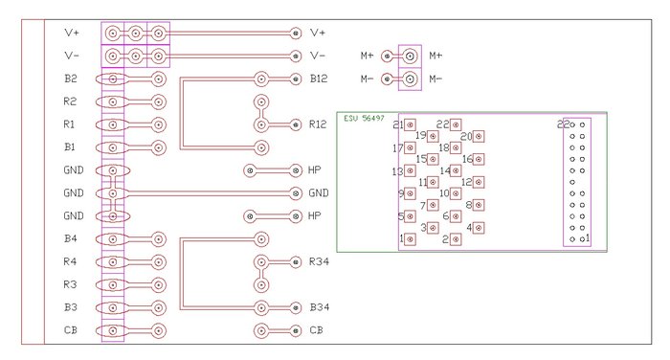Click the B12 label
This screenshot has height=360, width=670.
[319, 79]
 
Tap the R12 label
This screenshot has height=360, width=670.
[318, 124]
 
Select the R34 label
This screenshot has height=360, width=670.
[319, 261]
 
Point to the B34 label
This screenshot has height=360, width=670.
[319, 307]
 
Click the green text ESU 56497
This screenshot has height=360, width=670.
[364, 119]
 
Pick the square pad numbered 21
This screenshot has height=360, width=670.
[411, 124]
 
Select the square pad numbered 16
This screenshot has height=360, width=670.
[479, 160]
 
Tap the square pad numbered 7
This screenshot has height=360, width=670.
[433, 205]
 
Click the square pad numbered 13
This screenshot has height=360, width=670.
[411, 171]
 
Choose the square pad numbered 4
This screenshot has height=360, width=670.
[479, 228]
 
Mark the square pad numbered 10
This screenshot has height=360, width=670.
[456, 193]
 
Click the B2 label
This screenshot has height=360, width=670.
[71, 79]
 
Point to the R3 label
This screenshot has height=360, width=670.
[70, 284]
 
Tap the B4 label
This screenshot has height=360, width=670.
[71, 238]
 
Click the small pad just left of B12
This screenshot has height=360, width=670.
[295, 79]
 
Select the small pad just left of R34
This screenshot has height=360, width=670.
[295, 261]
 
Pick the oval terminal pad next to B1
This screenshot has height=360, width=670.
[112, 148]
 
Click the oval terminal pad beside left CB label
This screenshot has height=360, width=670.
[112, 330]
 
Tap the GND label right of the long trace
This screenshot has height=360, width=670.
[319, 193]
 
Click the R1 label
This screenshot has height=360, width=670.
[69, 124]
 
